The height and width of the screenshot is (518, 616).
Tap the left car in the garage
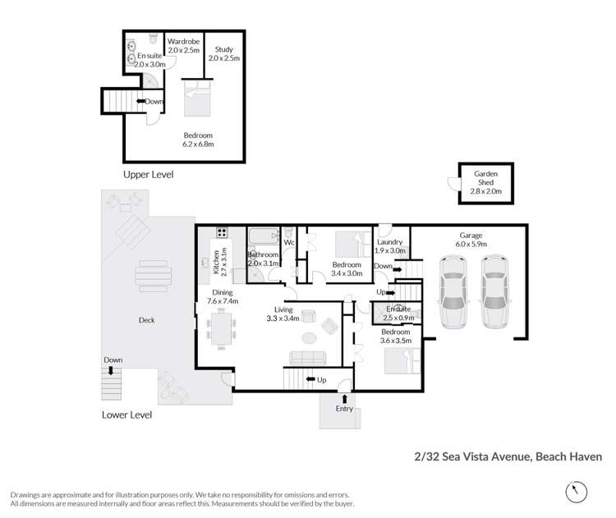(453, 291)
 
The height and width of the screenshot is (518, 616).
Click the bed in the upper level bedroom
(195, 99)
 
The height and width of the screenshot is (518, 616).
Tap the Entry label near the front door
(343, 408)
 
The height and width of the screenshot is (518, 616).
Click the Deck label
(147, 320)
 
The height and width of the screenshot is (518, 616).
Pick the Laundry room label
(389, 242)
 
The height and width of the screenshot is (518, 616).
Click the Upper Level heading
(148, 175)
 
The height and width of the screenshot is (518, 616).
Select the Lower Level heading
(126, 415)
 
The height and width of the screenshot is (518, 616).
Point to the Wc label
(289, 243)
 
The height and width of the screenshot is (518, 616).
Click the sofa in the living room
(306, 357)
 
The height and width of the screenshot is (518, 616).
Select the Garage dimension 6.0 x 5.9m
(472, 244)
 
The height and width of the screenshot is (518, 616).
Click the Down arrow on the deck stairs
(113, 361)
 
